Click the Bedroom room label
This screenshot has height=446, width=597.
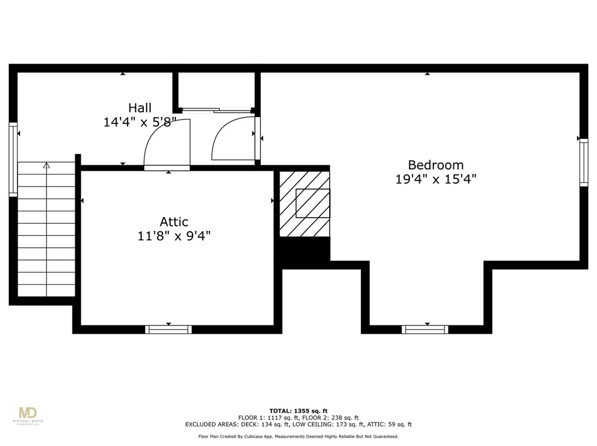click(x=436, y=165)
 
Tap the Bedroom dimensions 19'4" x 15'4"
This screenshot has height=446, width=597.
click(x=436, y=179)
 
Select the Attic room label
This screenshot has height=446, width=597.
click(x=174, y=222)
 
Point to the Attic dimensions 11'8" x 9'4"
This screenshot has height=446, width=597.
click(x=174, y=236)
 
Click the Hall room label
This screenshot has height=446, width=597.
click(x=140, y=108)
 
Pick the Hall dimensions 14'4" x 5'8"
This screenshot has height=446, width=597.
click(x=140, y=122)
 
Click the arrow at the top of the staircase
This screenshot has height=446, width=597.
click(x=47, y=166)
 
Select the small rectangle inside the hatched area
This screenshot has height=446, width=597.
click(x=313, y=203)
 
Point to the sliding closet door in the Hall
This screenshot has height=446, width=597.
click(x=216, y=109)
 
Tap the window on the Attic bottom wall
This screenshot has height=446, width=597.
click(x=168, y=329)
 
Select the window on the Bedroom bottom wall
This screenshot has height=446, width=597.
click(x=424, y=329)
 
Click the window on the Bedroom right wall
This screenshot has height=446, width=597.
click(x=583, y=162)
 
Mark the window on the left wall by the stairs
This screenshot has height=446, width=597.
click(x=13, y=159)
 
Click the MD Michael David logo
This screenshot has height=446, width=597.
click(x=28, y=414)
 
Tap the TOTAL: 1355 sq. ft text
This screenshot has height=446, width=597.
click(x=298, y=410)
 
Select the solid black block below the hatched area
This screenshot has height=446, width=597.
click(x=303, y=250)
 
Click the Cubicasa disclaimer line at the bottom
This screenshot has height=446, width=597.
click(x=298, y=436)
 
